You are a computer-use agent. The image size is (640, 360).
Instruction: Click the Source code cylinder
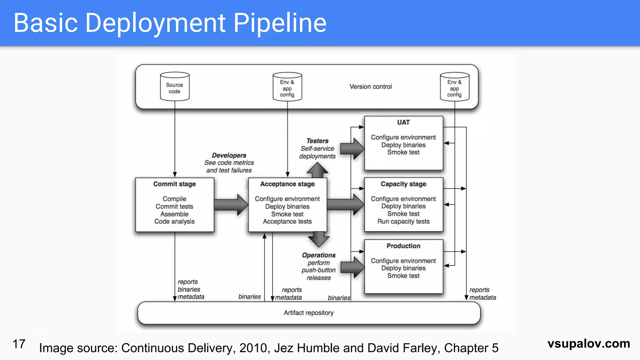point(175,87)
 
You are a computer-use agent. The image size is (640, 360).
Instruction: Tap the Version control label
point(371,87)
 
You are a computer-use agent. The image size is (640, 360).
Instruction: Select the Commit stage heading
point(174,184)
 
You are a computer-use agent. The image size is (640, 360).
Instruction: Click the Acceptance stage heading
point(287,184)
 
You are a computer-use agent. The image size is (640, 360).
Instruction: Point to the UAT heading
point(403,122)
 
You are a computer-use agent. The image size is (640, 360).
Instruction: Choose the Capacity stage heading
point(403,184)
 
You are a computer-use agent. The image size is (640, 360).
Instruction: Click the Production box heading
point(403,246)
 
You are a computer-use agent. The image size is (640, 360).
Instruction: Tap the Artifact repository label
point(308,313)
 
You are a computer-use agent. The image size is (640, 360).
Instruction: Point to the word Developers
point(229,155)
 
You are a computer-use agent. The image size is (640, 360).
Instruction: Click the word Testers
point(317,141)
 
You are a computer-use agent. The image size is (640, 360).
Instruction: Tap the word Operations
point(319,255)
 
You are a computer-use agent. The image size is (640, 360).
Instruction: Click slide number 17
point(19,344)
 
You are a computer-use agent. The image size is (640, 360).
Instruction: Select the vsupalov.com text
point(589,343)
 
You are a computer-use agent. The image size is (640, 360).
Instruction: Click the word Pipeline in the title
point(280,23)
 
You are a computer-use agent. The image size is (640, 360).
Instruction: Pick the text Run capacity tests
point(403,222)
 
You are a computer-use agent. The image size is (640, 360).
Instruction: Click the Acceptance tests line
point(287,222)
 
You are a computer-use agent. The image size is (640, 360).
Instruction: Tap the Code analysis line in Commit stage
point(174,222)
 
